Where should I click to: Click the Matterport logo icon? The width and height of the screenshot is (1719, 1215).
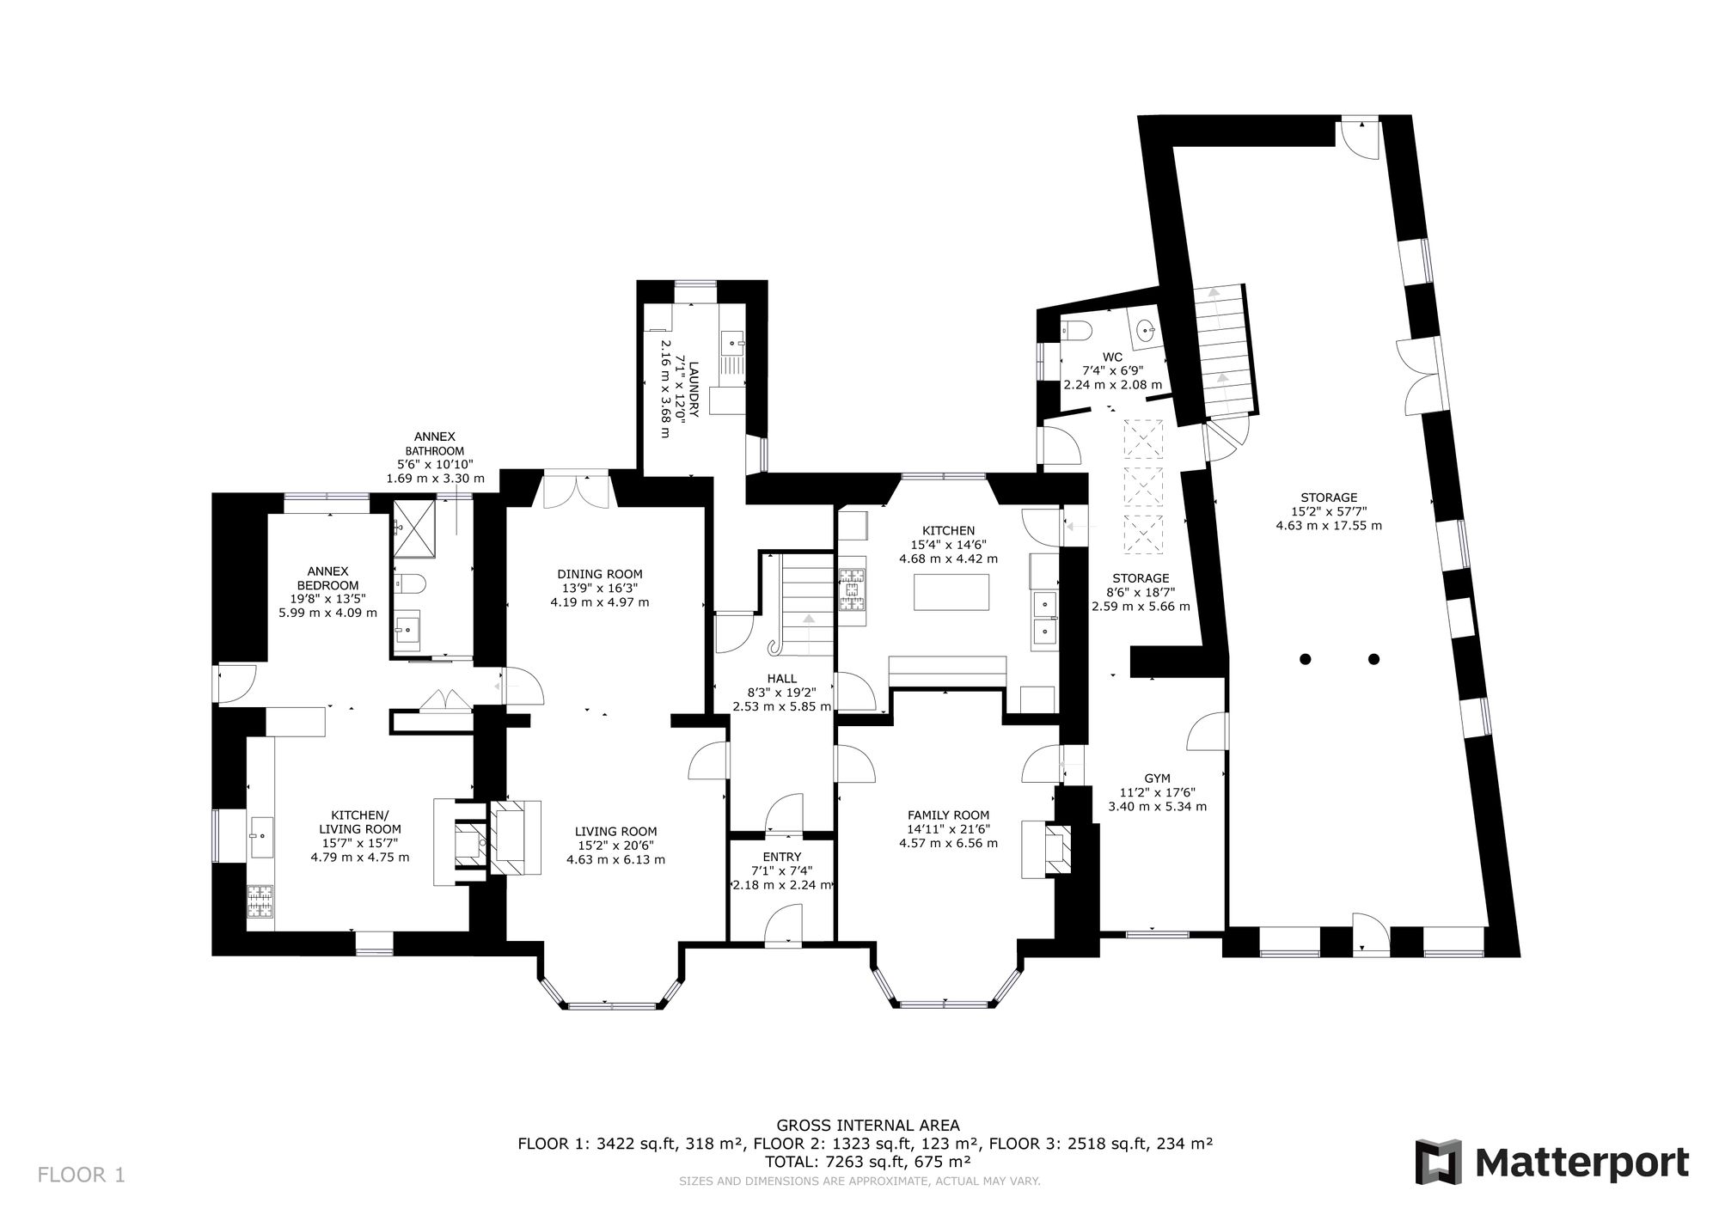(1440, 1163)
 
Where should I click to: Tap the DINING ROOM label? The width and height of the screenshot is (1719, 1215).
(600, 574)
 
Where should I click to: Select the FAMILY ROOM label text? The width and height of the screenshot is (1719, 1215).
(949, 815)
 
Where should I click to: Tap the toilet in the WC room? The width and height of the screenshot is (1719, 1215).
(1077, 330)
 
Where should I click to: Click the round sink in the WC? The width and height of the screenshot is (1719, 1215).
(1144, 330)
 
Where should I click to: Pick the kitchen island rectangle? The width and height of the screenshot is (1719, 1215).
(951, 592)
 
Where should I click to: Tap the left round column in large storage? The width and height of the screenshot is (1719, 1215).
(1305, 660)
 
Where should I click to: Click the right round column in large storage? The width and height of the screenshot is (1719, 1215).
(1373, 660)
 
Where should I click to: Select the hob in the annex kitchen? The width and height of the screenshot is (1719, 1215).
(260, 903)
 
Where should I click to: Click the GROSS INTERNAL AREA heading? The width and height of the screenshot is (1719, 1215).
(868, 1125)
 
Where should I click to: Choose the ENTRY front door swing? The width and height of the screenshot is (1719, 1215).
(782, 928)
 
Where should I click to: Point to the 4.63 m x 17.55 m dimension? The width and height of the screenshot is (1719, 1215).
(1329, 526)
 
